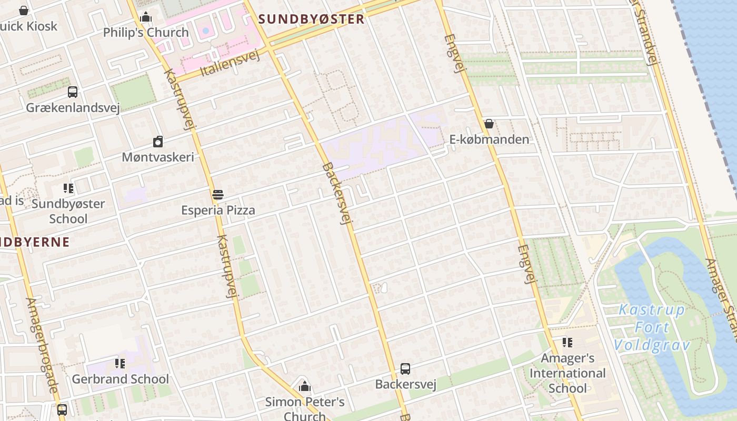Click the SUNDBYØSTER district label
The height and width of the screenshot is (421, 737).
(311, 19)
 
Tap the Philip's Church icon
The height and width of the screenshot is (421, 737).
(146, 17)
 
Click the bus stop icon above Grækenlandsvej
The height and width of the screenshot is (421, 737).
(73, 92)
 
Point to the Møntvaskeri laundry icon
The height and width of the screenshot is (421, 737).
(158, 142)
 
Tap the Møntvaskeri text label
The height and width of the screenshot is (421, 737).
(158, 157)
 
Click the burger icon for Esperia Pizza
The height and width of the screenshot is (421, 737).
(218, 195)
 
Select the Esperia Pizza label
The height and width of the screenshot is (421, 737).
(218, 210)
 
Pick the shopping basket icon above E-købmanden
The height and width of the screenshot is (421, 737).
(489, 124)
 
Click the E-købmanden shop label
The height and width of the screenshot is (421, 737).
(489, 139)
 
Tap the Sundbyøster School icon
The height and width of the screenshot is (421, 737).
(68, 188)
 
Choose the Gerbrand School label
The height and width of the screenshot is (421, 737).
(121, 379)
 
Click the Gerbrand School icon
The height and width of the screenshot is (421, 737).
(120, 363)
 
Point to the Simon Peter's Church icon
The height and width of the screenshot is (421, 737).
(304, 387)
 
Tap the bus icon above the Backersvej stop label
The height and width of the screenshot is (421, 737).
(405, 369)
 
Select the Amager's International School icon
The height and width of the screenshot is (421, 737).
(567, 343)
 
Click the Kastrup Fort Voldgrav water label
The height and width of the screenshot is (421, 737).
(652, 327)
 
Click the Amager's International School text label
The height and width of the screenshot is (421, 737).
(567, 373)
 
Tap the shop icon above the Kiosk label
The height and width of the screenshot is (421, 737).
(24, 11)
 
